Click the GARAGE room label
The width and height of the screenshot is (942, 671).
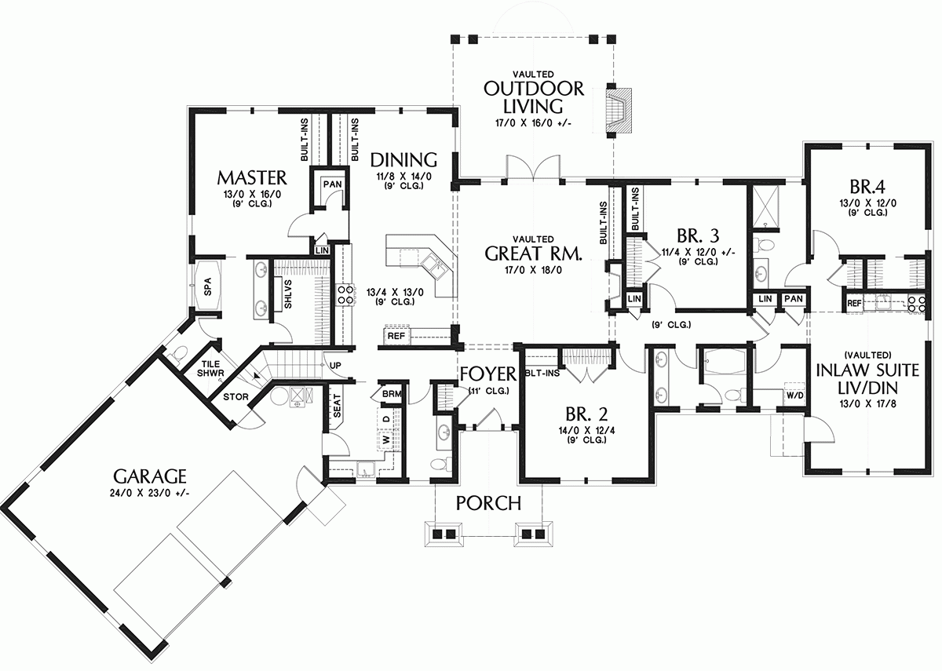149,476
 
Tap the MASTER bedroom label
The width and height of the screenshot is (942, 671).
252,176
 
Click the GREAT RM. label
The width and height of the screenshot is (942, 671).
533,253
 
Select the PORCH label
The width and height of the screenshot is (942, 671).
489,502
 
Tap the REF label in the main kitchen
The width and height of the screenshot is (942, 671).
396,336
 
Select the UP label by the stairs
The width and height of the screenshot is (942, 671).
334,366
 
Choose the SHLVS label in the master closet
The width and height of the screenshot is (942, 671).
288,292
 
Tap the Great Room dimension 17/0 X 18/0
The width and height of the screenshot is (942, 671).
533,271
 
